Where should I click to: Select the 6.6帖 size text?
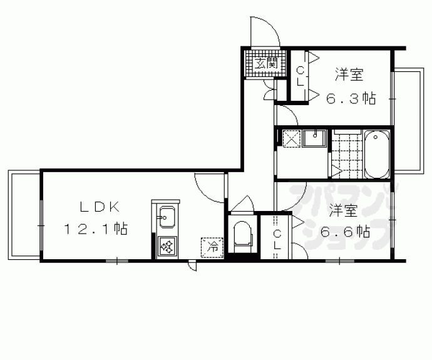[345, 231]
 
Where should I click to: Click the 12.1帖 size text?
[95, 229]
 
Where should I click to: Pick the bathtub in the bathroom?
[376, 153]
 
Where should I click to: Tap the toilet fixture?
[242, 237]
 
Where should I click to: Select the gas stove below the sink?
[167, 246]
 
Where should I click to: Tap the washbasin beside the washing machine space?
[315, 137]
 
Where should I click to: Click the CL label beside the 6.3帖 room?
[300, 76]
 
